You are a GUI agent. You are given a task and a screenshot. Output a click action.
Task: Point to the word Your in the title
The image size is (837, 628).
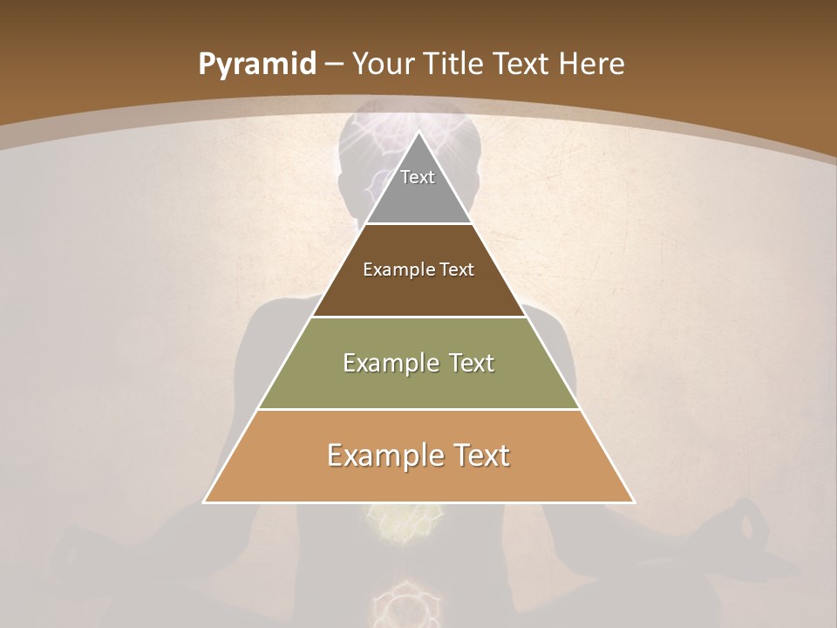coord(384,65)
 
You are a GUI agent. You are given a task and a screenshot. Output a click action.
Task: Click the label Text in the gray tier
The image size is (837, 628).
coord(418,177)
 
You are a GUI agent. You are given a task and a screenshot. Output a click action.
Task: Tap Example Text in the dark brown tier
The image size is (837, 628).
coord(418,270)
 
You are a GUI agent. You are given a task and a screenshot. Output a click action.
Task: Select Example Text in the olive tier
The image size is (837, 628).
coord(418,363)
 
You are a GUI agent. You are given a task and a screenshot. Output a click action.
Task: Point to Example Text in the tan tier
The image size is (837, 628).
coord(418,455)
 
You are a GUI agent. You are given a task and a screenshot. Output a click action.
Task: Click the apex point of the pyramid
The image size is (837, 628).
coord(418,132)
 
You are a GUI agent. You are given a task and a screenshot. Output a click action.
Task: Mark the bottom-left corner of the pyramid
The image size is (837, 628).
coord(204,502)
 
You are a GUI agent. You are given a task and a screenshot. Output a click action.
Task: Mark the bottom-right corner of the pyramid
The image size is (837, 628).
coord(634,502)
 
